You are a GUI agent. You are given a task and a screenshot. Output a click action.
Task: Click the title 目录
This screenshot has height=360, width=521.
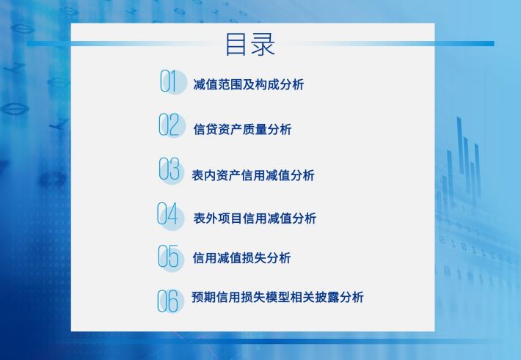[x=250, y=44]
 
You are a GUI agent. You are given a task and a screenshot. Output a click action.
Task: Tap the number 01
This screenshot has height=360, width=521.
[x=167, y=81]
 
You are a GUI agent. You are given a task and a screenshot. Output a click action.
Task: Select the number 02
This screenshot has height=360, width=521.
[x=169, y=125]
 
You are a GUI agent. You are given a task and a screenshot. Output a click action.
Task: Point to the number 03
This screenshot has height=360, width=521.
[x=169, y=169]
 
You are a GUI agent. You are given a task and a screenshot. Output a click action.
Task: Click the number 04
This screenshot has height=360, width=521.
[x=168, y=213]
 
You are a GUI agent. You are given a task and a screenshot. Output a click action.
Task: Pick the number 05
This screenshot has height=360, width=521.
[x=168, y=256]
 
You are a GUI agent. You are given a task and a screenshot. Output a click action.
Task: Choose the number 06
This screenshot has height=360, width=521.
[x=168, y=301]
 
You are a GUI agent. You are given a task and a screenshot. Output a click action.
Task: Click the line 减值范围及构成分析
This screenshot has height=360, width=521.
[x=248, y=85]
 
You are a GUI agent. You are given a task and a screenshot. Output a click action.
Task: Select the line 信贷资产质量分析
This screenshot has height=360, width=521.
[x=243, y=129]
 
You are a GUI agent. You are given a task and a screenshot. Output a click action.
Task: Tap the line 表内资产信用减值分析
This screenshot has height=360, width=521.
[x=253, y=175]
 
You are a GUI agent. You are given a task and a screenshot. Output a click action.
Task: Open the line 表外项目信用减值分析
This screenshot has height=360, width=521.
[x=255, y=218]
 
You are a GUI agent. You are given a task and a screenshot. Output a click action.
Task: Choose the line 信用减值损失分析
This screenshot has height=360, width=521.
[x=241, y=257]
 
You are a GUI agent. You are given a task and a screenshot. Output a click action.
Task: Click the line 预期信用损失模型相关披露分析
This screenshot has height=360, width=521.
[x=277, y=297]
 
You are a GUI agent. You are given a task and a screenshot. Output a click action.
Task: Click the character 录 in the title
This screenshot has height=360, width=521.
[x=263, y=44]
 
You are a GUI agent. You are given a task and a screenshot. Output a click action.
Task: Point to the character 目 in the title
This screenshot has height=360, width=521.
[x=236, y=44]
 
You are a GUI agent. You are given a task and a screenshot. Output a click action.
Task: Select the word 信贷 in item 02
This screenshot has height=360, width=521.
[x=205, y=129]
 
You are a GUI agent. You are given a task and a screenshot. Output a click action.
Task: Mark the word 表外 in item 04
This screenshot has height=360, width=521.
[x=205, y=218]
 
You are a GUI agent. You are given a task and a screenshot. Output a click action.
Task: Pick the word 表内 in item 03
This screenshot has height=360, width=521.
[x=204, y=175]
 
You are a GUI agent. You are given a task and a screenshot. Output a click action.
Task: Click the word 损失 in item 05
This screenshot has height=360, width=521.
[x=254, y=257]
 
